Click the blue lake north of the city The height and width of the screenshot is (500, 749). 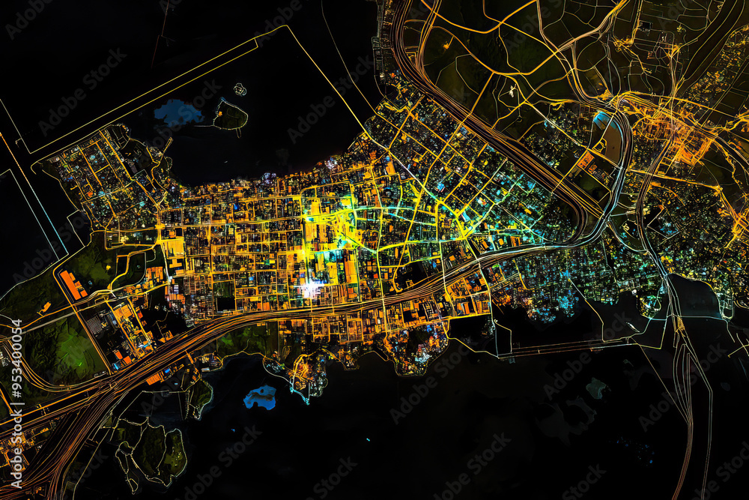pyautogui.click(x=178, y=113)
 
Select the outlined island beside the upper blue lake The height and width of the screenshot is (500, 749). pyautogui.click(x=230, y=116)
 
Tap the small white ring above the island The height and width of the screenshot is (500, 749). pyautogui.click(x=240, y=89)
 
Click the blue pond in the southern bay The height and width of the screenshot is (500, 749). pyautogui.click(x=260, y=397)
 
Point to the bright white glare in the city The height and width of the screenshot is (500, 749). pyautogui.click(x=310, y=289)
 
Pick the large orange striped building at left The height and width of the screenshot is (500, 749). pyautogui.click(x=73, y=285)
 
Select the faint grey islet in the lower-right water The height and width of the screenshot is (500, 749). pyautogui.click(x=596, y=388)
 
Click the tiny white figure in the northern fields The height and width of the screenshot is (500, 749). pyautogui.click(x=512, y=93)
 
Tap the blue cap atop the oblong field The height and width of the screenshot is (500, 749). pyautogui.click(x=601, y=118)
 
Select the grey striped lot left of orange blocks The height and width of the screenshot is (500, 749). pyautogui.click(x=93, y=322)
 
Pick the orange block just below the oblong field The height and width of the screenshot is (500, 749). pyautogui.click(x=585, y=161)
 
